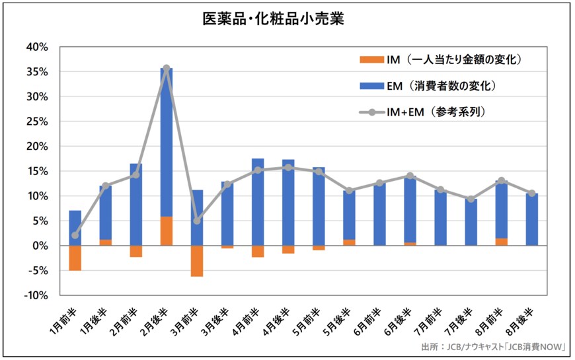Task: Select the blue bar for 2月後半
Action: (167, 142)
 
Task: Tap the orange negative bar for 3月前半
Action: (197, 260)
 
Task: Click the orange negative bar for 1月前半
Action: (75, 258)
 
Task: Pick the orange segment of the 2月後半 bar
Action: (167, 231)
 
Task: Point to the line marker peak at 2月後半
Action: (167, 68)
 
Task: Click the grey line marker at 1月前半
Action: (75, 235)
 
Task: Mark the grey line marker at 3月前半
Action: (197, 221)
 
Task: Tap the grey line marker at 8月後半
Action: (532, 193)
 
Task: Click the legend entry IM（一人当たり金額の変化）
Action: (440, 60)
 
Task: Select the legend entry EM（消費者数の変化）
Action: (427, 86)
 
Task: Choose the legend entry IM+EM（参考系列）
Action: (422, 112)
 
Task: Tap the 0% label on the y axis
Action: (42, 246)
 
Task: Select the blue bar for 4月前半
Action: (258, 201)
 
